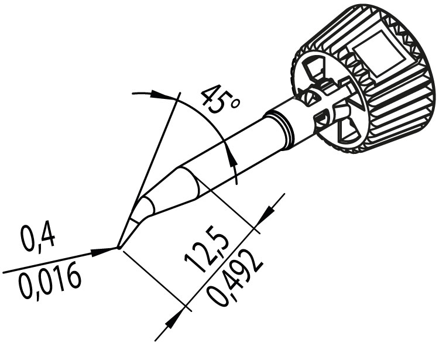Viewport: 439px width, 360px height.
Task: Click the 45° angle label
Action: coord(220,99)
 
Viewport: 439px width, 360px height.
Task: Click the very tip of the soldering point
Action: coord(119,248)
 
